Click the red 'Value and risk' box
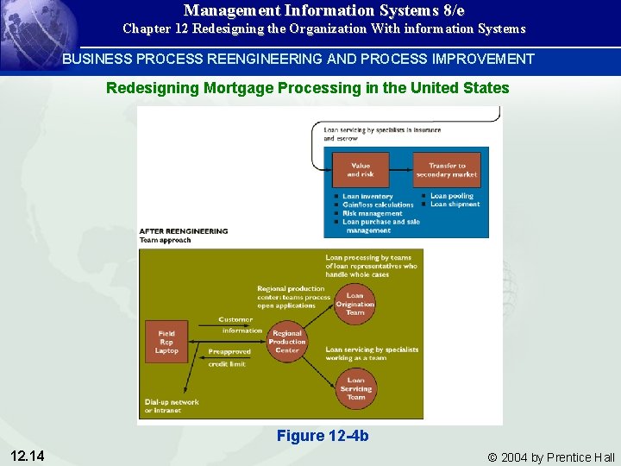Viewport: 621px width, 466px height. point(360,170)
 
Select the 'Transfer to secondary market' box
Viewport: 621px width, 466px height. point(446,170)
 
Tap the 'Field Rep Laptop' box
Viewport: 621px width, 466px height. point(166,342)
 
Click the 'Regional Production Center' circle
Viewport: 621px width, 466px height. point(287,342)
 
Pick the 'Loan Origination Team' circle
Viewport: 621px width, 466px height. point(354,304)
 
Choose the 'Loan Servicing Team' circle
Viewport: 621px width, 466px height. point(354,388)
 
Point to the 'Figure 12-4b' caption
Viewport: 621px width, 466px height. point(322,436)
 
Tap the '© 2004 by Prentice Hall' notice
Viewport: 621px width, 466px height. point(551,457)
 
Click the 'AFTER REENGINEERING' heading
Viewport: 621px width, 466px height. point(184,231)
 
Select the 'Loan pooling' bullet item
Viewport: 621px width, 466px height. point(452,197)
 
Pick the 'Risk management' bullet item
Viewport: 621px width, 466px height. point(372,213)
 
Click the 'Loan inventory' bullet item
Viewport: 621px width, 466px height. point(367,197)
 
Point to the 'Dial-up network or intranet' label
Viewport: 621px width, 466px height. point(172,406)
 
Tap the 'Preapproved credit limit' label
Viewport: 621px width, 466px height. point(229,357)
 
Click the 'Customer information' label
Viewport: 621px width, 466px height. point(238,324)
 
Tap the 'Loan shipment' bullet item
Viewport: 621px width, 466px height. point(455,205)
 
